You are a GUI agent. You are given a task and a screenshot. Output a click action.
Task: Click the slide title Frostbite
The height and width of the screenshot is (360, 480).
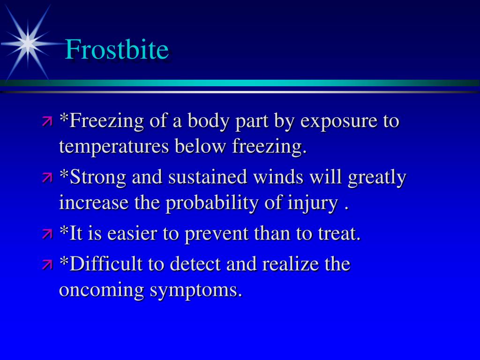(117, 50)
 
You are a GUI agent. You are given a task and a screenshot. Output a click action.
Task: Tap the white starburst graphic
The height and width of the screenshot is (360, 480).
(29, 44)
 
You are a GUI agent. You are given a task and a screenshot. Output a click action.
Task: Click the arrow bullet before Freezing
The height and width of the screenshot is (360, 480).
(47, 122)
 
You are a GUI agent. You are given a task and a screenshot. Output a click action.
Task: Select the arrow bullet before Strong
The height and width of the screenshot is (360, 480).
(47, 178)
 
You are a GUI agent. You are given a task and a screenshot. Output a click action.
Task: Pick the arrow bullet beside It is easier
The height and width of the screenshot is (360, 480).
(47, 233)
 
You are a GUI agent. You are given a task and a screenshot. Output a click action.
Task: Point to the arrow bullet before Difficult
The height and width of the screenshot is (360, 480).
(47, 264)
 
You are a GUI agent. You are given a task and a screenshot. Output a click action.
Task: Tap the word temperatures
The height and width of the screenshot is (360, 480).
(114, 147)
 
